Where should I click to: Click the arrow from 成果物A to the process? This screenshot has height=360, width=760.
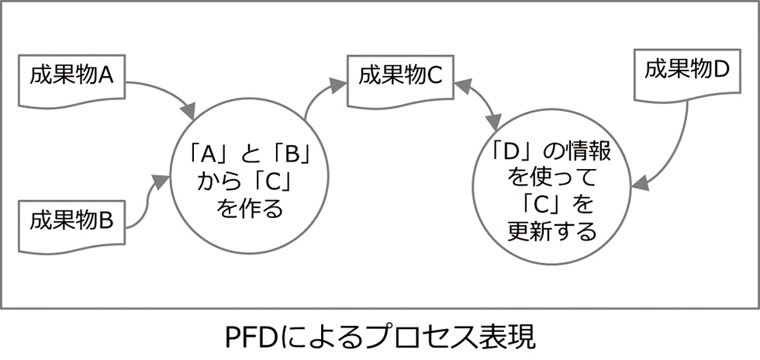(x=167, y=92)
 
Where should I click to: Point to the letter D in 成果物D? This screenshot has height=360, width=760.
(x=721, y=69)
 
